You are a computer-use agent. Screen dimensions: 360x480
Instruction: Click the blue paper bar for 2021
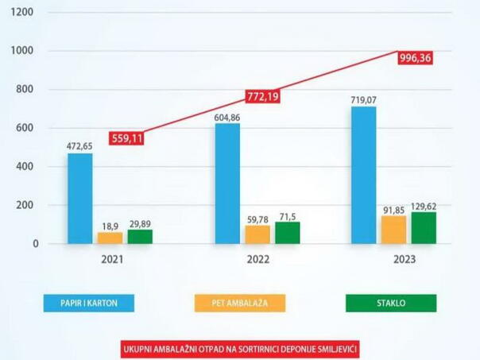coord(79,199)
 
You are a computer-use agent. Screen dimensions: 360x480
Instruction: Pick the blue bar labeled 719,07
coord(364,175)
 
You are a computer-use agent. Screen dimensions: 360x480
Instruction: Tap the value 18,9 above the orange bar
coord(110,226)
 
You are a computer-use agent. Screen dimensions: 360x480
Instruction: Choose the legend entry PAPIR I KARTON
coord(89,304)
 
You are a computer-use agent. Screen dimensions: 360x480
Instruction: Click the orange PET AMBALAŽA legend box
coord(239,304)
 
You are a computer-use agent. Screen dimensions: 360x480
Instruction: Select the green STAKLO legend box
coord(390,304)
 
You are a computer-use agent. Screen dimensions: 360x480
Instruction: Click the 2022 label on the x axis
coord(257,259)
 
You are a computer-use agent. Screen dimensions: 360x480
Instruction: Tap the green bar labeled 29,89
coord(140,237)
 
